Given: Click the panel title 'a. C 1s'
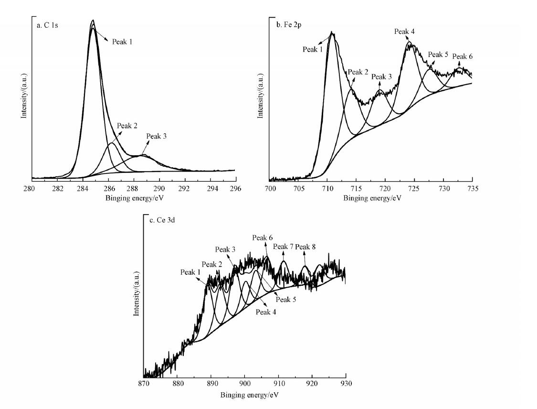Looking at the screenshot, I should tap(47, 25).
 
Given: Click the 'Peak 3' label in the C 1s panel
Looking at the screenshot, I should tap(156, 137).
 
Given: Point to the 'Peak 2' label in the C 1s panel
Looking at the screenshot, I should tap(127, 126).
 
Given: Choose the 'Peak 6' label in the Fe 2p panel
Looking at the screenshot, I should tap(462, 56).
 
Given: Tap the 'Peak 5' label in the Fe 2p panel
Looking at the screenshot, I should tap(438, 54).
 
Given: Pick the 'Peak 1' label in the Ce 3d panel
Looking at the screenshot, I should tap(190, 272).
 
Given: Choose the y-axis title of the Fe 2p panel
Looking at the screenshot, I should tap(261, 95).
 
